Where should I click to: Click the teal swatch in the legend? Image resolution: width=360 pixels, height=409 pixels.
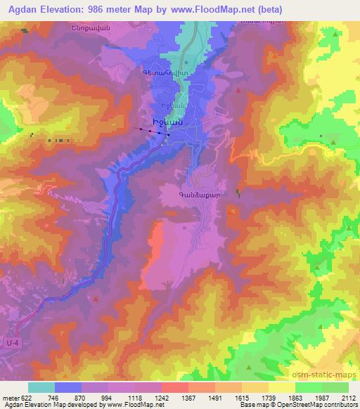click(41, 387)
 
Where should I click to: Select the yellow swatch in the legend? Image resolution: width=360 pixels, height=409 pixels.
click(281, 387)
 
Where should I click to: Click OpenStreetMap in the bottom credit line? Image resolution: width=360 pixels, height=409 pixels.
click(323, 405)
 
